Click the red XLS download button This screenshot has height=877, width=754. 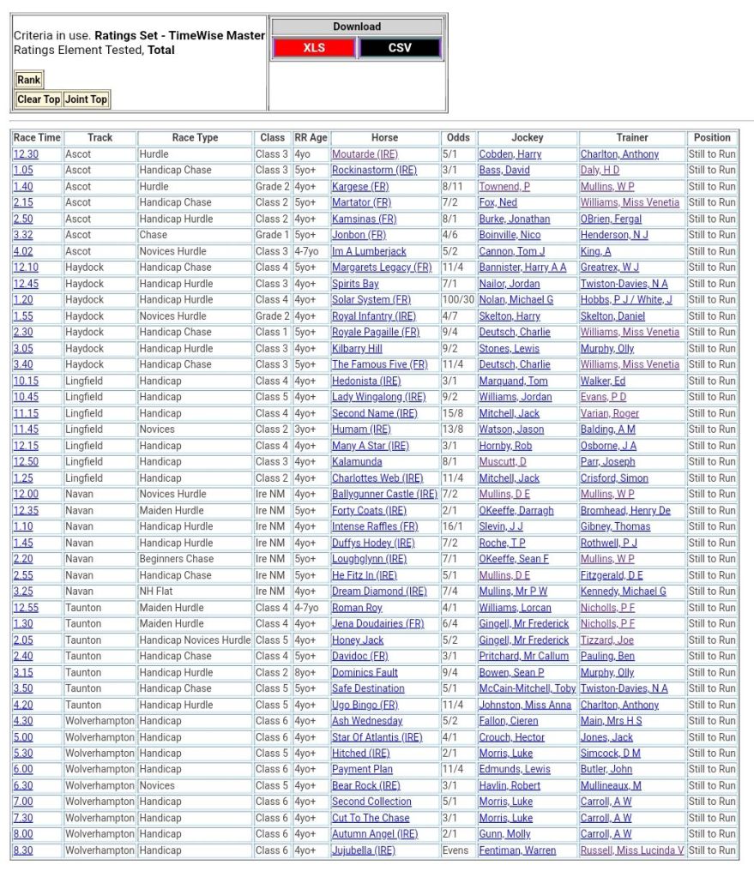pos(314,48)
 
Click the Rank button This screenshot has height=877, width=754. pos(28,80)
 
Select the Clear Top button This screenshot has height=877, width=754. pos(39,99)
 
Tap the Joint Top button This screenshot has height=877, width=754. pos(87,99)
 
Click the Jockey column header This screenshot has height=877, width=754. pos(528,137)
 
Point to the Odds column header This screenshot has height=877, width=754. pos(459,137)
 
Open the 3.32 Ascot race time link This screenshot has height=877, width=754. pos(23,235)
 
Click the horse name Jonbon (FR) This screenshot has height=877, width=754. pos(359,235)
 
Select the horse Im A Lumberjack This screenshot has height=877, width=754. pos(369,251)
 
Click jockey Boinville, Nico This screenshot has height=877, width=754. pos(510,235)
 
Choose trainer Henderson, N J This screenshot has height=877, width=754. pos(614,235)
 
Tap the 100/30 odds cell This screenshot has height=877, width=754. pos(456,300)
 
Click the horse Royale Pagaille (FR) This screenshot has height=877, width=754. pos(376,332)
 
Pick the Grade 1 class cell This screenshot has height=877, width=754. pos(272,235)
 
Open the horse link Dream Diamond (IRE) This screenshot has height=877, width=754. pos(379,592)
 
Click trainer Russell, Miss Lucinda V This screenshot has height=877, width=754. pos(632,850)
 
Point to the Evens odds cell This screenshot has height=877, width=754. pos(456,850)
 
